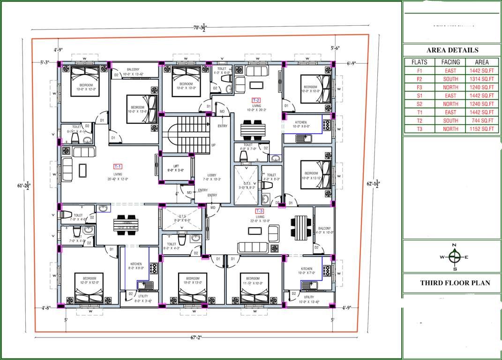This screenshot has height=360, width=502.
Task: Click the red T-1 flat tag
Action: [118, 166]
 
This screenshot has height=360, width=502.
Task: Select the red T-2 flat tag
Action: [256, 100]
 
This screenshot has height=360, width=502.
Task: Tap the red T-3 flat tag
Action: [259, 211]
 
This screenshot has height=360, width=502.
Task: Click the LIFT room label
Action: [176, 166]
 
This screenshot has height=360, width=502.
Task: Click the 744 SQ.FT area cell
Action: [481, 120]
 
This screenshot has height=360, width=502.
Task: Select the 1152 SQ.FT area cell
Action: [481, 129]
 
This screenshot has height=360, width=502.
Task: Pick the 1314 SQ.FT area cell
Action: [481, 79]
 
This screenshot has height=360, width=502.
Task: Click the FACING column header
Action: [450, 62]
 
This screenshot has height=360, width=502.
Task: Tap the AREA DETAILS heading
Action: [452, 50]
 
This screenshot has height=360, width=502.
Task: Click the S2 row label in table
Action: [419, 104]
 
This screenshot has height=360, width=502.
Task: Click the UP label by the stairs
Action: [213, 145]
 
